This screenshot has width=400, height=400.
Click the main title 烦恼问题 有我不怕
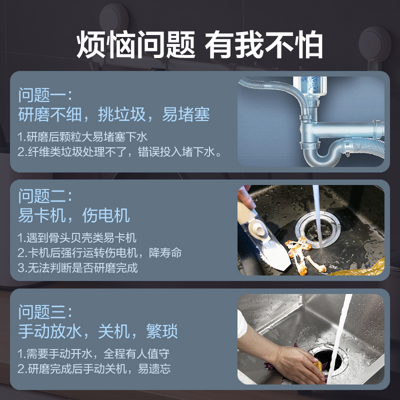click(x=199, y=44)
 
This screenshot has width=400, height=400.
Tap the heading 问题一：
click(x=45, y=95)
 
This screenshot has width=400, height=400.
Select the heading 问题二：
click(x=45, y=196)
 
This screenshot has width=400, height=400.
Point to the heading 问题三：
click(x=45, y=311)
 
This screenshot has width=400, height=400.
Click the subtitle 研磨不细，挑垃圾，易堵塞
click(x=114, y=114)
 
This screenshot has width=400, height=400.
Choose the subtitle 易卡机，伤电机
click(x=74, y=215)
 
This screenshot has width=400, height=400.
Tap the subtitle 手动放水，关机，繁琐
click(x=98, y=331)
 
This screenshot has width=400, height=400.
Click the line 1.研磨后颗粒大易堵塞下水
click(x=82, y=137)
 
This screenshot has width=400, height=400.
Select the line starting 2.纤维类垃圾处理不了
click(x=119, y=152)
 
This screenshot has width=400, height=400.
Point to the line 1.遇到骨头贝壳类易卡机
click(x=77, y=238)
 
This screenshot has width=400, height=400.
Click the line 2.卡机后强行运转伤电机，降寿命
click(x=99, y=253)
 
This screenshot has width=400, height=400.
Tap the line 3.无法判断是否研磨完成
click(x=77, y=267)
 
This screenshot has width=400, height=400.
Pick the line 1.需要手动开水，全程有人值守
click(x=93, y=354)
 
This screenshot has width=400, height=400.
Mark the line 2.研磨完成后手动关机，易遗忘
click(x=94, y=368)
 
